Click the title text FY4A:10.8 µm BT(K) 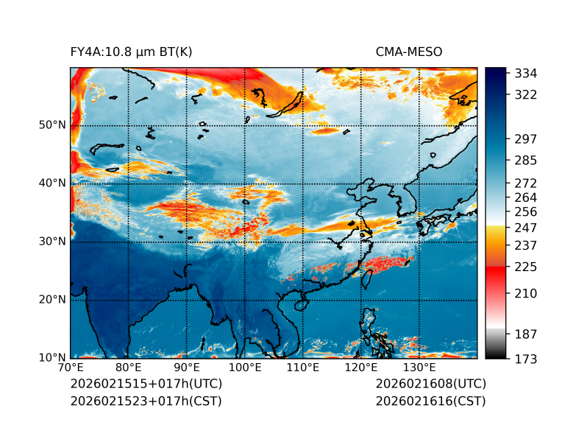pos(131,52)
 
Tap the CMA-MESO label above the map pos(409,52)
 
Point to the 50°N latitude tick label pos(52,125)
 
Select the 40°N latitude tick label pos(52,183)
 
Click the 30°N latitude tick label pos(52,242)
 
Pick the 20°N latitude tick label pos(52,300)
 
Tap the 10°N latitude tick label pos(52,358)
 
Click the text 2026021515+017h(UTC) pos(146,384)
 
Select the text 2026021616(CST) pos(430,401)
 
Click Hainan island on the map pos(300,304)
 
